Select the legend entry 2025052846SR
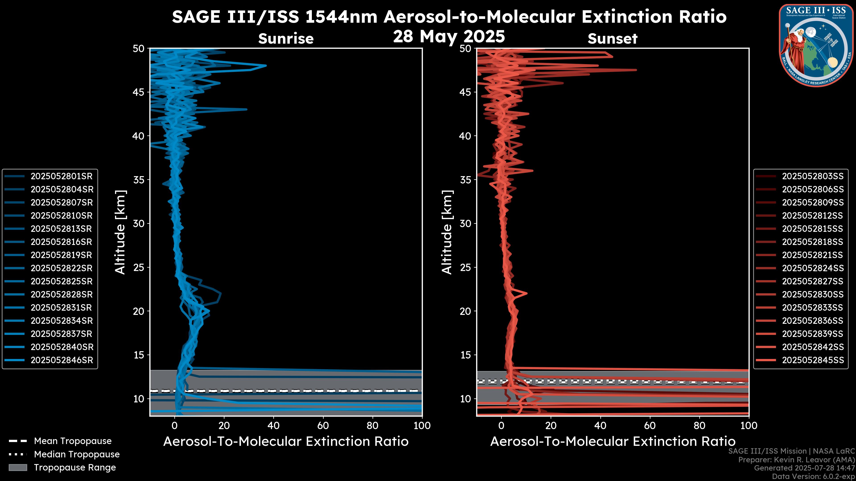pyautogui.click(x=62, y=360)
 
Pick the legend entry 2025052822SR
pyautogui.click(x=62, y=268)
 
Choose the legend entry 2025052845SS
pyautogui.click(x=813, y=360)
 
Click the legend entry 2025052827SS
pyautogui.click(x=813, y=281)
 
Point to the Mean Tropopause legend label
pyautogui.click(x=73, y=441)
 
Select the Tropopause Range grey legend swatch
pyautogui.click(x=18, y=467)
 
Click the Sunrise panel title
pyautogui.click(x=286, y=39)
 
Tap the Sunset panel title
pyautogui.click(x=612, y=39)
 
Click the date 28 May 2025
pyautogui.click(x=449, y=37)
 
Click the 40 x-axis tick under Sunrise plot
pyautogui.click(x=274, y=426)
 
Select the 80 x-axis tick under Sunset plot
pyautogui.click(x=700, y=426)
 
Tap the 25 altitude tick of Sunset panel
pyautogui.click(x=465, y=267)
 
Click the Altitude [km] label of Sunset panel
pyautogui.click(x=447, y=232)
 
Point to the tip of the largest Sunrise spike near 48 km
pyautogui.click(x=266, y=65)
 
